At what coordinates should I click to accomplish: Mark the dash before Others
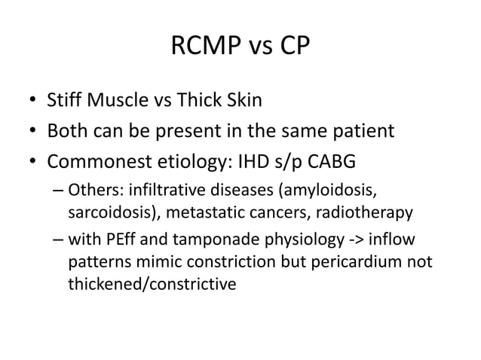click(58, 190)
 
